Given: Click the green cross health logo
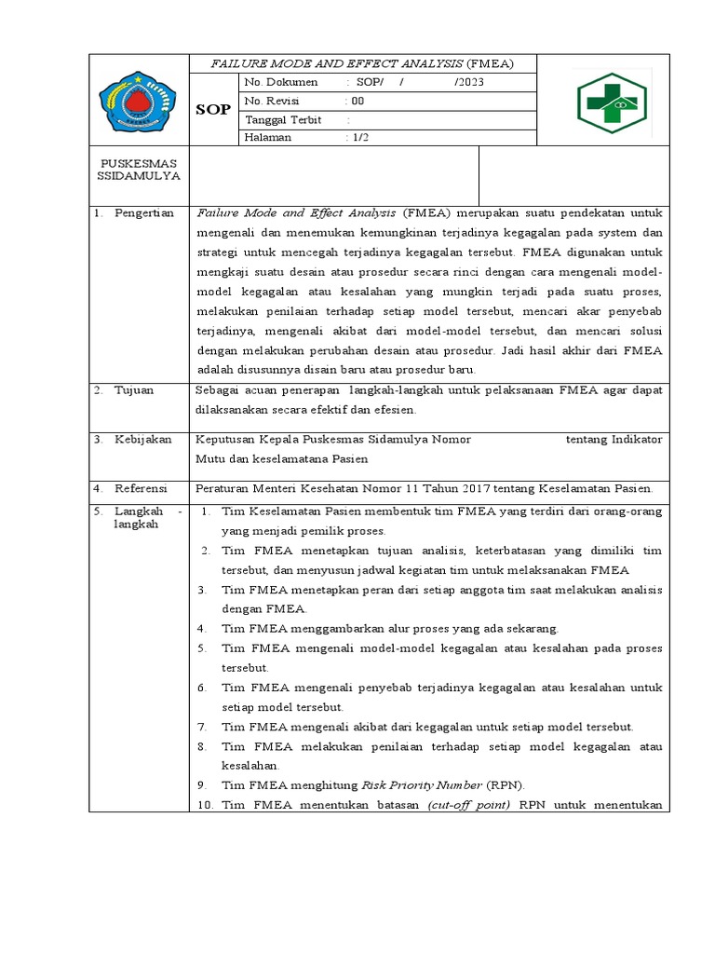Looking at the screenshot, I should click(616, 102).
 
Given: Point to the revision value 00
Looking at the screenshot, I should click(357, 101).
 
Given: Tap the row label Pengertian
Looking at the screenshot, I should click(143, 213).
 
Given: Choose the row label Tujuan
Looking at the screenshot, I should click(134, 391).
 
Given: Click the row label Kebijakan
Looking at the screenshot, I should click(143, 440).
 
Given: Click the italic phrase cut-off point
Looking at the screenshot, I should click(468, 805).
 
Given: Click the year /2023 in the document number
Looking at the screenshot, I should click(469, 83).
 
